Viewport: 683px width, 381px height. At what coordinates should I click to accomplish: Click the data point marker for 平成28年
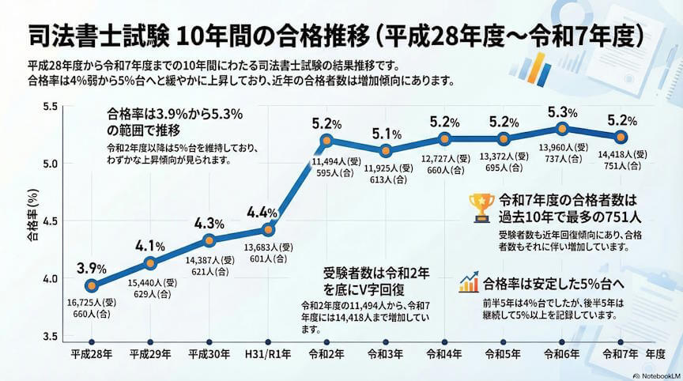coord(91,285)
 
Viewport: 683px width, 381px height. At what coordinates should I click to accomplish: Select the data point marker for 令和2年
coord(326,141)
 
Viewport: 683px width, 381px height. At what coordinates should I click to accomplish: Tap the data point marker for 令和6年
coord(562,128)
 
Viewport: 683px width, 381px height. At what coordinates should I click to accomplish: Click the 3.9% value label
coord(92,267)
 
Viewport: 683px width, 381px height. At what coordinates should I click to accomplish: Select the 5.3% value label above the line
coord(562,111)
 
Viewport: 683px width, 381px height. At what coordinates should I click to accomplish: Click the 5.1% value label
coord(386,133)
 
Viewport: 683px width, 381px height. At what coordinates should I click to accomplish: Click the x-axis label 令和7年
coord(621,353)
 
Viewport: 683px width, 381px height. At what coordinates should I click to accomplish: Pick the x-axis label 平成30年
coord(209,353)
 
